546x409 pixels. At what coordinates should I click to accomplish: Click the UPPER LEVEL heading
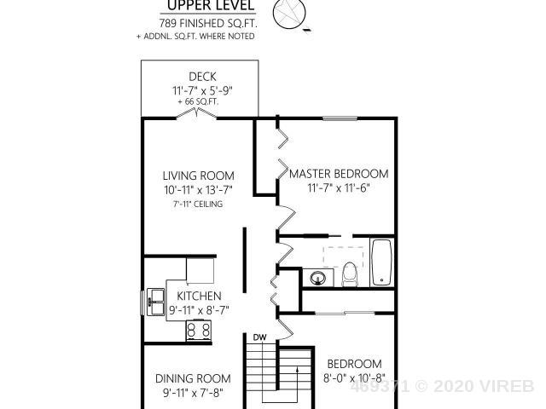(x=211, y=5)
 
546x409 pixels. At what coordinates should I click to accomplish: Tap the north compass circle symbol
(x=289, y=14)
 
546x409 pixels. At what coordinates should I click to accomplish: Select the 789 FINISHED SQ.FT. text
(x=208, y=23)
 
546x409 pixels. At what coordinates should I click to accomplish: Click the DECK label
(x=202, y=77)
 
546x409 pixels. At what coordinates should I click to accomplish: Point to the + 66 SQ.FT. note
(x=198, y=102)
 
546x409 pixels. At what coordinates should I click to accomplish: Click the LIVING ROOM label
(x=199, y=176)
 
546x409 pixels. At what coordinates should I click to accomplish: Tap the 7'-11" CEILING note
(x=198, y=204)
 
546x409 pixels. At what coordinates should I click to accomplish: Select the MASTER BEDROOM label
(x=339, y=174)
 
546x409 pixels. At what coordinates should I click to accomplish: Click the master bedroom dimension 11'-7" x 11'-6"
(x=338, y=188)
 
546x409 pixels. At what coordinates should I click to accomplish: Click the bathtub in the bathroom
(x=381, y=262)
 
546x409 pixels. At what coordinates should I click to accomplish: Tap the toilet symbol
(x=350, y=274)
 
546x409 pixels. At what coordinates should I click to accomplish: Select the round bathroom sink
(x=318, y=278)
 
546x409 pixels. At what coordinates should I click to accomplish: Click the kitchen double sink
(x=155, y=301)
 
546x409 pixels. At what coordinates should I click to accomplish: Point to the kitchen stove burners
(x=199, y=330)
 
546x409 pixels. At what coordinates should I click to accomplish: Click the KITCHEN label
(x=199, y=296)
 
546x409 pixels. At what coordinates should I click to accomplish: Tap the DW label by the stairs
(x=259, y=337)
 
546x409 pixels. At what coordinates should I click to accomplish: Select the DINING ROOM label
(x=193, y=378)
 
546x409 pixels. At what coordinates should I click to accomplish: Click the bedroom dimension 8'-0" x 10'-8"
(x=354, y=378)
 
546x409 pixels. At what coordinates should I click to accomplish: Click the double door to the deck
(x=197, y=113)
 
